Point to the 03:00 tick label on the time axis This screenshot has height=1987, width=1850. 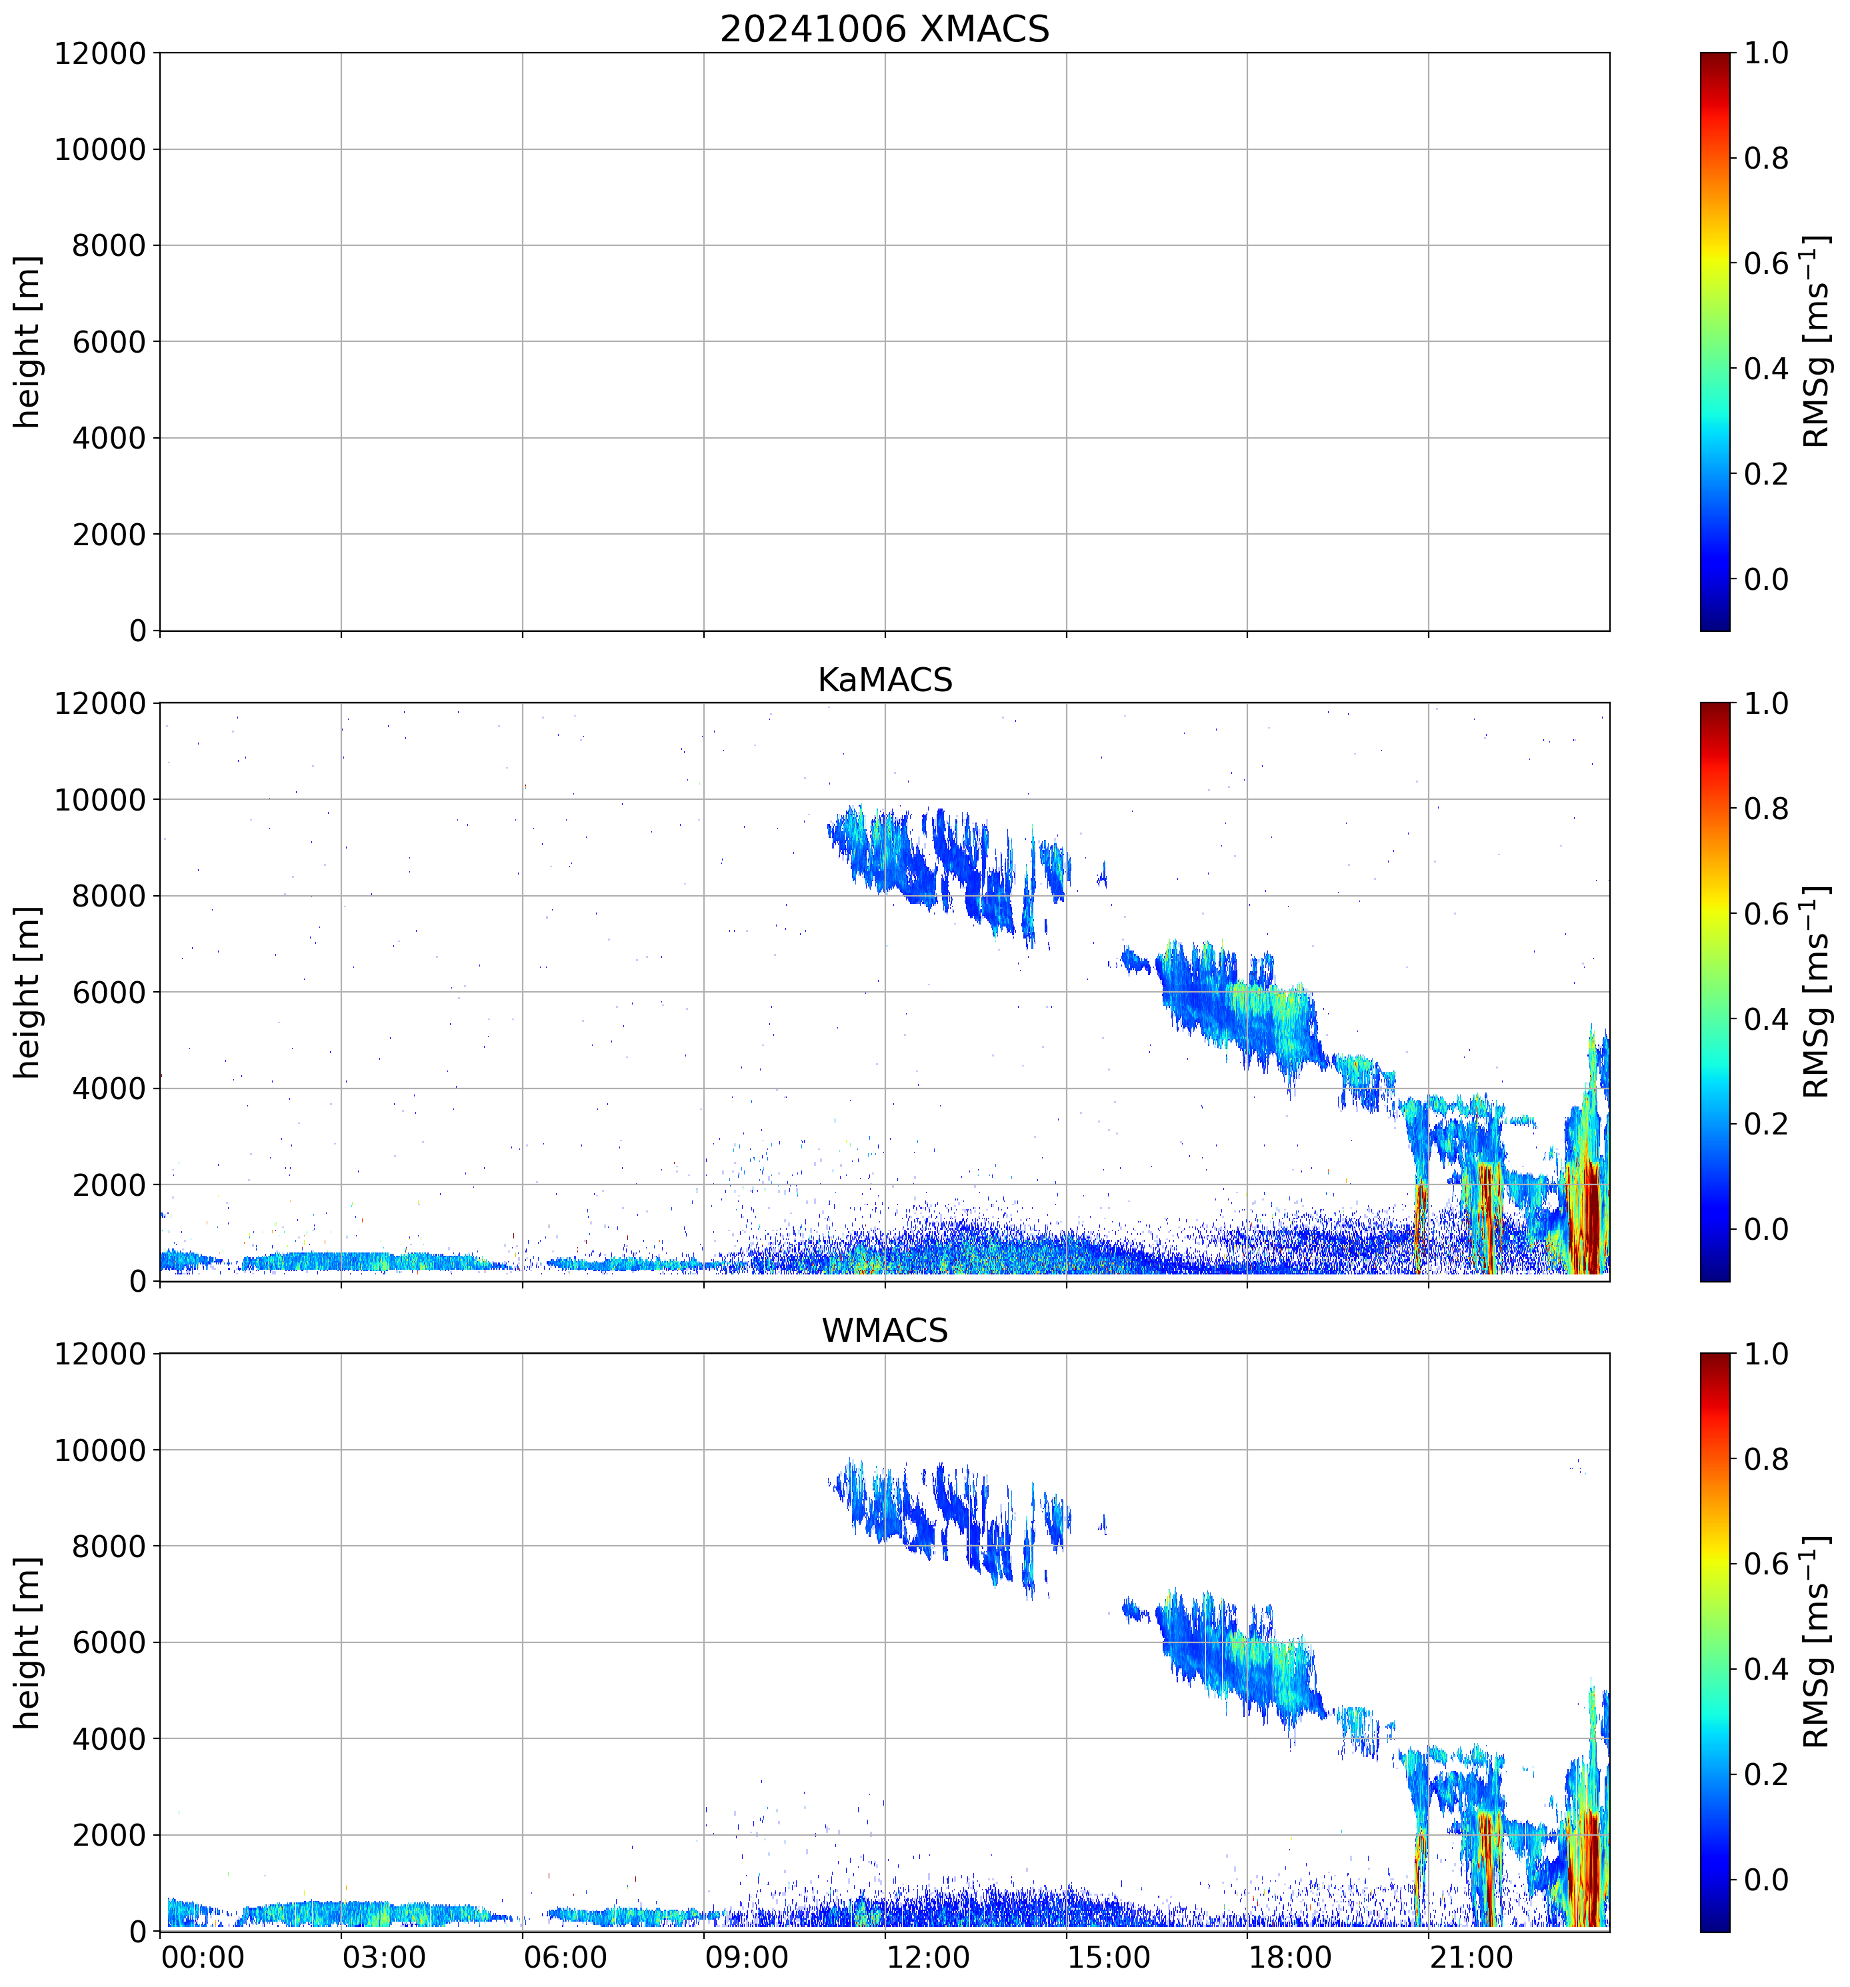pos(384,1957)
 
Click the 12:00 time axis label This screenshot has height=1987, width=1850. pos(927,1957)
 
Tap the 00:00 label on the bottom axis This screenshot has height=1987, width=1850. pos(203,1957)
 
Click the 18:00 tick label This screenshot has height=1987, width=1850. pos(1289,1957)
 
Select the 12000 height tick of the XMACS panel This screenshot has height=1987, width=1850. pos(100,53)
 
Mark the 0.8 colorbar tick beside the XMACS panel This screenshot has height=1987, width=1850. pos(1765,158)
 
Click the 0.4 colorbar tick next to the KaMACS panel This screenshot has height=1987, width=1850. pos(1765,1019)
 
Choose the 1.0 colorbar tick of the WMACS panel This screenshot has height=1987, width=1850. pos(1765,1354)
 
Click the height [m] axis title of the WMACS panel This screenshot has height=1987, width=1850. pos(28,1642)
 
